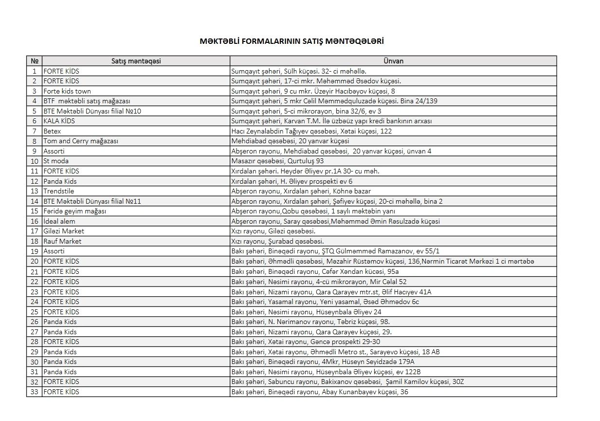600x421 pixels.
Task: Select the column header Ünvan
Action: [393, 61]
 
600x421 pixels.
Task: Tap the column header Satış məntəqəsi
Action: [136, 61]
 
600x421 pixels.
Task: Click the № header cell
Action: [34, 61]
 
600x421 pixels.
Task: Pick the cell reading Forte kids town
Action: [67, 91]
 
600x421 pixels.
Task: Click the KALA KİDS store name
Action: [59, 121]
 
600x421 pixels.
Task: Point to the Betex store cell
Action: [52, 131]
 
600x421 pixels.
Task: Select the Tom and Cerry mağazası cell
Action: [81, 141]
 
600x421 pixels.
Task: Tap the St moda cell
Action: [56, 161]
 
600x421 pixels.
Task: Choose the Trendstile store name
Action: [59, 191]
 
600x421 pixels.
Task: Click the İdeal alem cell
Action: [59, 221]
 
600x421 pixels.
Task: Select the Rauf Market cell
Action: [62, 241]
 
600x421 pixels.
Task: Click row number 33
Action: [34, 392]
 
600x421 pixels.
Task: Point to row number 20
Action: [34, 261]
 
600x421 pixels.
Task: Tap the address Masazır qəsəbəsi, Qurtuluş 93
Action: [277, 161]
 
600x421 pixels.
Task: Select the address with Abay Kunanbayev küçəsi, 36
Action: [320, 392]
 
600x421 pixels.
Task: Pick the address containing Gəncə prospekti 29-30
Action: [306, 342]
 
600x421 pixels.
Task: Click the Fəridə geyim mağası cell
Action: [75, 211]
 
